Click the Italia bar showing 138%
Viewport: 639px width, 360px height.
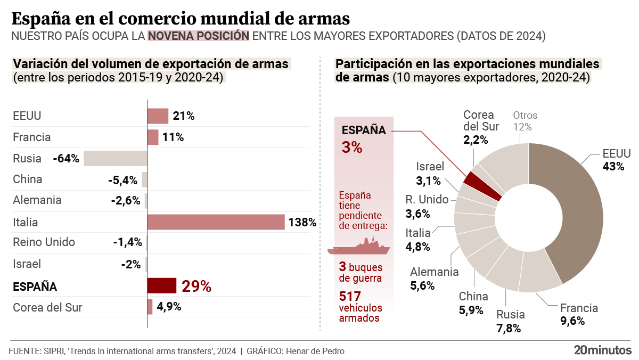pos(216,222)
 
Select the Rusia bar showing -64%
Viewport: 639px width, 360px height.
pos(116,158)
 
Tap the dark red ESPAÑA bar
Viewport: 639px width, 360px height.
pos(162,285)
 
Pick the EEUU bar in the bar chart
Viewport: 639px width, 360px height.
pos(158,116)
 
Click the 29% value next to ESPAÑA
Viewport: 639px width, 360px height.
pos(196,286)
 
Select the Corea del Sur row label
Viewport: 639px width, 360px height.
pos(47,307)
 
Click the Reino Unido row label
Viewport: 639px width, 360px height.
pos(44,242)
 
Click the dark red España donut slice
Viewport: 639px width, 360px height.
pos(482,186)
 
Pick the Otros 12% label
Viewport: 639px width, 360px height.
pos(525,121)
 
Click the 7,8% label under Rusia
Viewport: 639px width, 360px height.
pos(508,328)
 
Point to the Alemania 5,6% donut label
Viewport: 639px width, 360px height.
pos(434,279)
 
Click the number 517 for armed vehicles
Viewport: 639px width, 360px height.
pos(350,296)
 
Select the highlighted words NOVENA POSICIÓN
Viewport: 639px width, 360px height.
pos(198,36)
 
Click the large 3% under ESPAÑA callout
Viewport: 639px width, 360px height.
pos(352,147)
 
